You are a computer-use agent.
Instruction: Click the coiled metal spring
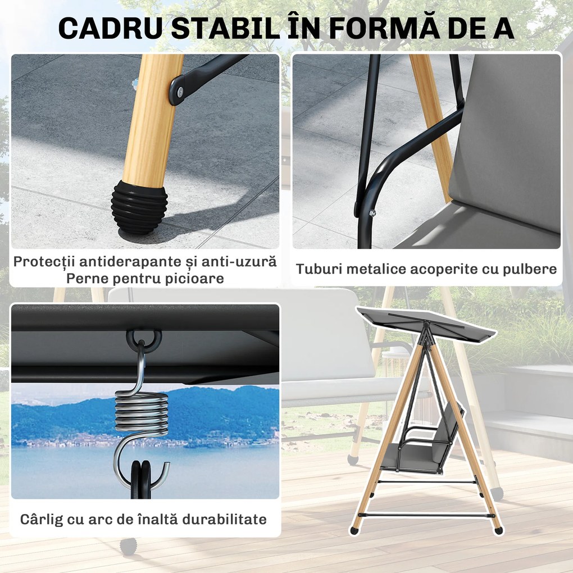142,416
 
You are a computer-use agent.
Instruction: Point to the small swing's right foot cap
498,530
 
